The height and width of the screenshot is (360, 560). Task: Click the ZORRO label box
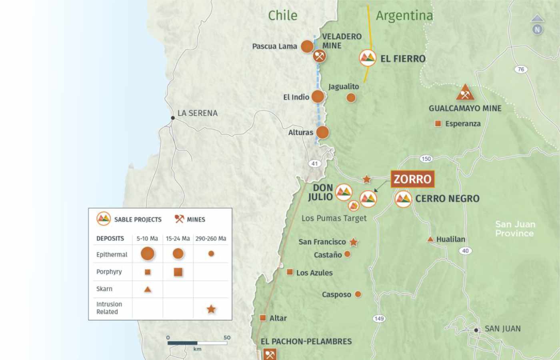click(x=412, y=179)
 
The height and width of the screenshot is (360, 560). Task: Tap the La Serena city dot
click(x=173, y=118)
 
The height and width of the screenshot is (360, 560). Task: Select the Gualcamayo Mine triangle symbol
click(x=465, y=93)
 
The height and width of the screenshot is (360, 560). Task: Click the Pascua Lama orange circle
click(x=307, y=46)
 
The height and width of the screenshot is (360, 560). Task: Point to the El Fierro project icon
click(x=367, y=58)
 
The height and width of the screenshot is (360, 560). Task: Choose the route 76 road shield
click(x=521, y=69)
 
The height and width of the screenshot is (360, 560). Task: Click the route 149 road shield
click(x=379, y=318)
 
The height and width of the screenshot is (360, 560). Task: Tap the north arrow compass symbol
click(x=537, y=25)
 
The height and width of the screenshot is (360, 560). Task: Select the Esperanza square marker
click(x=438, y=124)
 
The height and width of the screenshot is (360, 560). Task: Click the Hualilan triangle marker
click(x=430, y=239)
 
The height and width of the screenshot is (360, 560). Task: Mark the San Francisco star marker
click(x=354, y=242)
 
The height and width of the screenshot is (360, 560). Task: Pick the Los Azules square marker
click(x=290, y=272)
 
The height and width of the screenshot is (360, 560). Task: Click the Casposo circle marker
click(x=358, y=294)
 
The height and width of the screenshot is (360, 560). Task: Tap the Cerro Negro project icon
click(x=403, y=199)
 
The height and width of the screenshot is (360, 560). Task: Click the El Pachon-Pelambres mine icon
click(x=270, y=354)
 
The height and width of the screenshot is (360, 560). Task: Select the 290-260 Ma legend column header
click(x=211, y=238)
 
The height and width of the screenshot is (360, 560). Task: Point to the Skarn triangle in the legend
click(x=148, y=289)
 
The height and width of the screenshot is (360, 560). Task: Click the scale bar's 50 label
click(x=227, y=338)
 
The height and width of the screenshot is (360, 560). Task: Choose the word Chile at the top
click(x=283, y=16)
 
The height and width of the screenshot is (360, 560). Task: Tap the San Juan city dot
click(x=476, y=330)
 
